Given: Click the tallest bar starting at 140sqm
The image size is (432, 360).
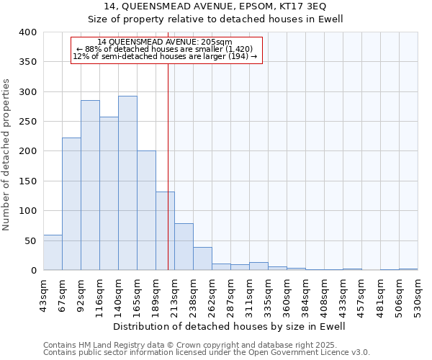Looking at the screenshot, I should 127,183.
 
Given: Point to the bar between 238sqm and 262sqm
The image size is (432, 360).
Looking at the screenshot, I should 202,258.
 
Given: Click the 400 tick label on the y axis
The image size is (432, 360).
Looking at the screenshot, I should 28,32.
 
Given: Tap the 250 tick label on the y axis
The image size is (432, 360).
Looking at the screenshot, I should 28,122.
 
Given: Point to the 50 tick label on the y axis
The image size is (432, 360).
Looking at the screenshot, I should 31,240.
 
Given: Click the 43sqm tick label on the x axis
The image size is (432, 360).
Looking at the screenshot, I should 43,294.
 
